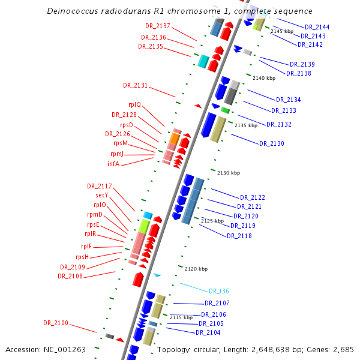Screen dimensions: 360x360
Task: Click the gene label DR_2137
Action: (158, 26)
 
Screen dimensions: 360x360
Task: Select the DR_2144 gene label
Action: (317, 27)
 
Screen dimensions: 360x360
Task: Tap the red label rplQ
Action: (134, 104)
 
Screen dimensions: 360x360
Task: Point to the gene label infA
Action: (113, 164)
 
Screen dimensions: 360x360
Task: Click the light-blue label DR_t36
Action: (219, 290)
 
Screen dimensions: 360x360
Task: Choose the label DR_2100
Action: (56, 323)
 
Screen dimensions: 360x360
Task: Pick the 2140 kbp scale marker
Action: (263, 78)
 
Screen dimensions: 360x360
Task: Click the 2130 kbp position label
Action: (228, 173)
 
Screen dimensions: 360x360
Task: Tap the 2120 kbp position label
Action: (196, 269)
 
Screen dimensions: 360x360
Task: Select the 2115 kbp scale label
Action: (181, 317)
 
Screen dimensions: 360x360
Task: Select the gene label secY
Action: (101, 195)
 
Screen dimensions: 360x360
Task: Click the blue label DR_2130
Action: (272, 143)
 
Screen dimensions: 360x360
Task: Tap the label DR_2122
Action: (253, 197)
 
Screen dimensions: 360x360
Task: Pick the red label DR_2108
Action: (70, 276)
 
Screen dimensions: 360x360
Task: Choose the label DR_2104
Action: (208, 332)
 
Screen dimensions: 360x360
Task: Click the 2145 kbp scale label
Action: (282, 31)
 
